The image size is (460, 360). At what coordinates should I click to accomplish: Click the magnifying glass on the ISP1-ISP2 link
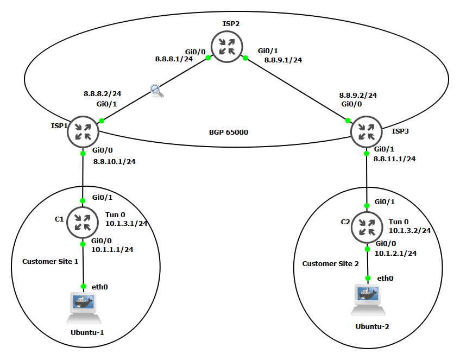point(157,91)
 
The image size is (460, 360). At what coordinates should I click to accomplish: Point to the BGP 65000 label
point(229,132)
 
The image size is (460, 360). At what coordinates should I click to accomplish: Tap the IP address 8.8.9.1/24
point(282,60)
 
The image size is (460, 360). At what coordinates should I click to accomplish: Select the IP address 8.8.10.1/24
point(114,161)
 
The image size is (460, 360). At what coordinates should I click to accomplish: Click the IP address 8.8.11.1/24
point(394,159)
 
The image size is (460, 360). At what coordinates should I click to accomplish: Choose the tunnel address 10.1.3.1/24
point(127,223)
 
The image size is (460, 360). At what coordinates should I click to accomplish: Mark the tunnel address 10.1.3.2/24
point(410,230)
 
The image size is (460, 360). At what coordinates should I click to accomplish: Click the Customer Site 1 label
point(51,261)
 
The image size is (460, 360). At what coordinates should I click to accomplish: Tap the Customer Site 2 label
point(331,263)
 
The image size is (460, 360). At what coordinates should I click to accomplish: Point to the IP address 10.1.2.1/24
point(396,253)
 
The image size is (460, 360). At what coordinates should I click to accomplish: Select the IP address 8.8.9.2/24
point(358,95)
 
